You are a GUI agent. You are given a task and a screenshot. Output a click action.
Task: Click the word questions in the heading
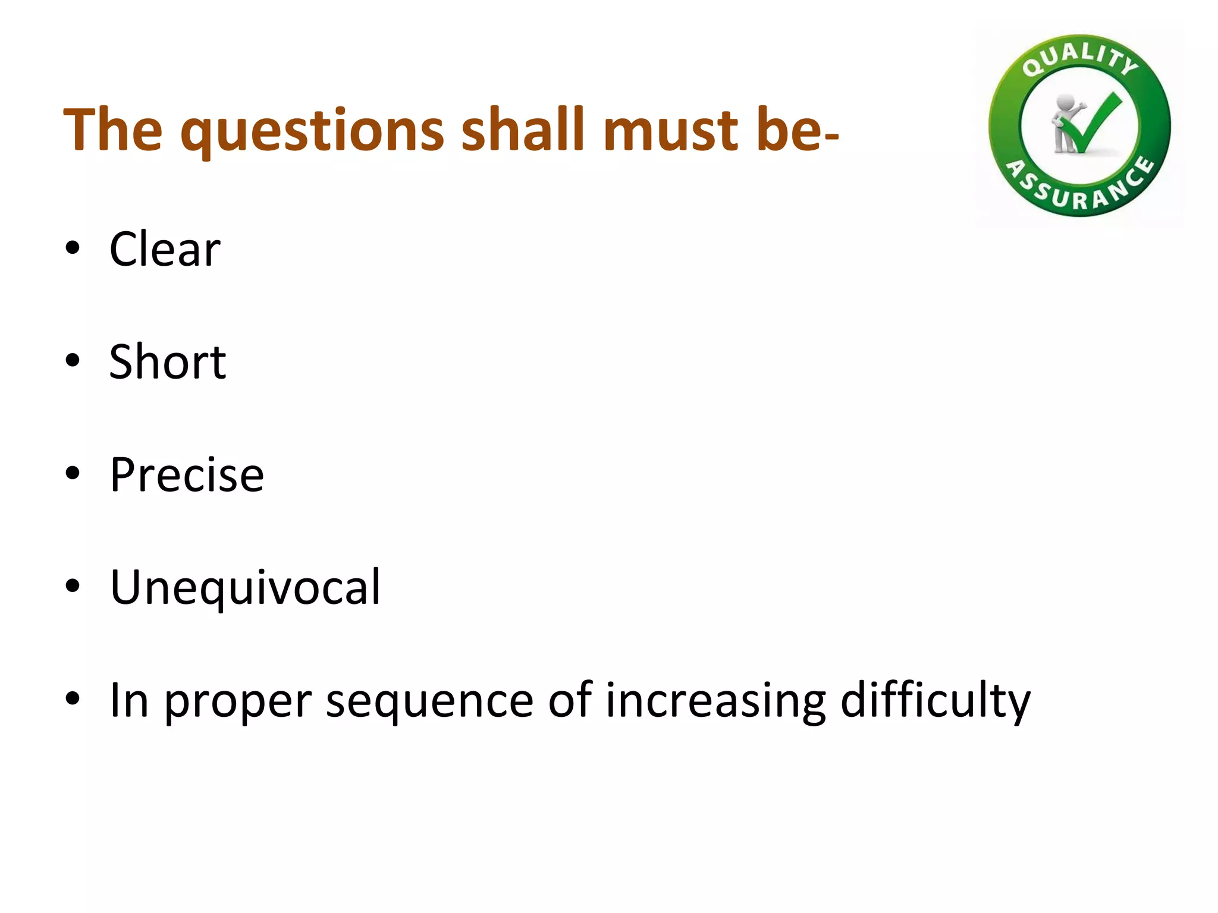point(313,131)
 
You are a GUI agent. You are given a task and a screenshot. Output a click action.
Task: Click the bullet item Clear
point(165,250)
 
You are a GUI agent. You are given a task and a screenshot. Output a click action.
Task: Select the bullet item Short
point(167,362)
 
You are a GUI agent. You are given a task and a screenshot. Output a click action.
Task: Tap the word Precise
point(187,475)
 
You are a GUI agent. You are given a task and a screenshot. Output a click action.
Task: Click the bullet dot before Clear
point(73,249)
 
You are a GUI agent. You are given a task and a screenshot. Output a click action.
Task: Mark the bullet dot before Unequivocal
point(73,587)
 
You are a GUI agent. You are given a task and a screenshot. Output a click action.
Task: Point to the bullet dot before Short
point(73,361)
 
